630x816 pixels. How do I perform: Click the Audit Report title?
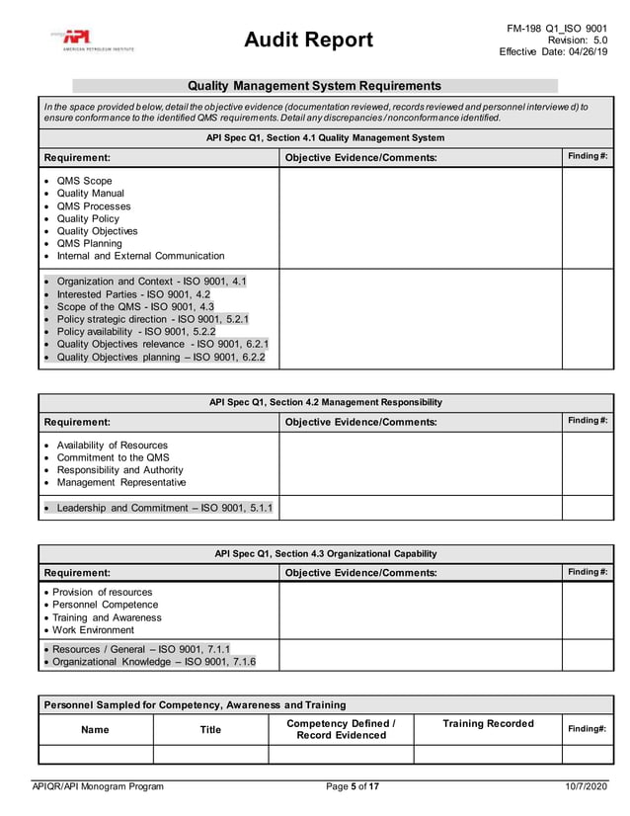[x=309, y=40]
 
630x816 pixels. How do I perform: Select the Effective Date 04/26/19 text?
[x=553, y=52]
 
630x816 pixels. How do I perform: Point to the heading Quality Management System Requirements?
[x=314, y=86]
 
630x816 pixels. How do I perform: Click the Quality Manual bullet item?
[x=90, y=194]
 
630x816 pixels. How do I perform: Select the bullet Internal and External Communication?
[x=140, y=256]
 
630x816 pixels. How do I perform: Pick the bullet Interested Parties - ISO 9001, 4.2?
[x=133, y=294]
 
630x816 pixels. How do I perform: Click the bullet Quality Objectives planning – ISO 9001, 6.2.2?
[x=160, y=357]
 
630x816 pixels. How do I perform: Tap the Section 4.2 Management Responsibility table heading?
[x=325, y=402]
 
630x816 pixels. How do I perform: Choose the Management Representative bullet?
[x=120, y=482]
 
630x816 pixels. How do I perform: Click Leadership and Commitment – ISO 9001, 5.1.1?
[x=164, y=508]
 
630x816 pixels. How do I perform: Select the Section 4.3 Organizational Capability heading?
[x=325, y=553]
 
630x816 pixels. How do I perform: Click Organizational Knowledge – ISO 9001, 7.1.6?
[x=153, y=661]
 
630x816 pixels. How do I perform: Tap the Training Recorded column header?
[x=488, y=724]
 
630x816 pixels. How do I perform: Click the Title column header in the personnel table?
[x=210, y=730]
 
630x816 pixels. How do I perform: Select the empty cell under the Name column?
[x=96, y=755]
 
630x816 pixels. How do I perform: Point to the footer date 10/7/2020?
[x=587, y=786]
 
